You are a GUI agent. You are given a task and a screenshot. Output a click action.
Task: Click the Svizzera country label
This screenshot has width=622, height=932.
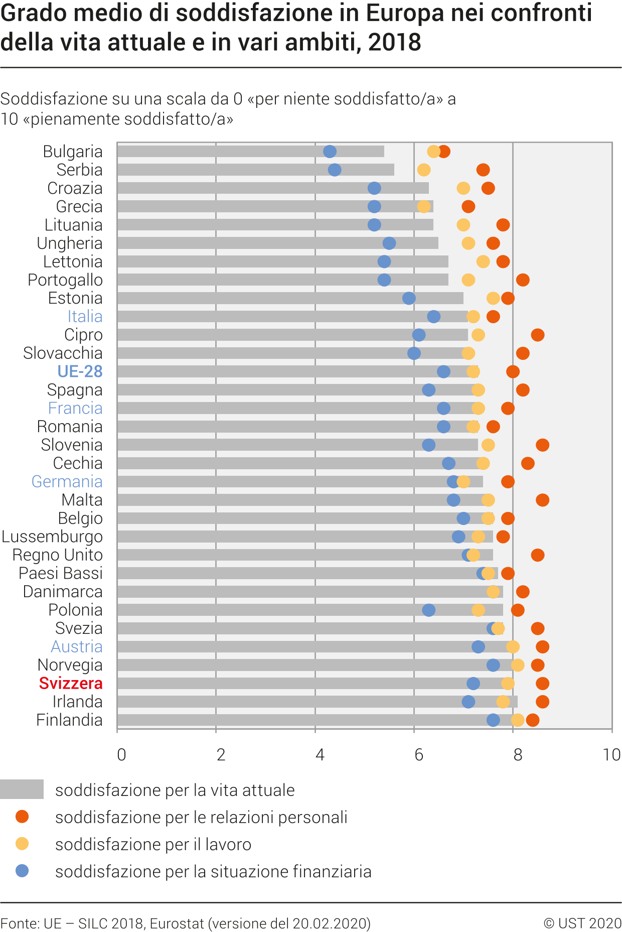(x=71, y=683)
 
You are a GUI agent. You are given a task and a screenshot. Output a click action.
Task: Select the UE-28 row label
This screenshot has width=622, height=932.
(x=80, y=371)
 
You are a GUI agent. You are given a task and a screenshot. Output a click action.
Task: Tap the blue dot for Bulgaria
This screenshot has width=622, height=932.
(x=330, y=152)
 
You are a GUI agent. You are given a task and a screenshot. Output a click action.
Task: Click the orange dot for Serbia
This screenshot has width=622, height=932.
(x=483, y=170)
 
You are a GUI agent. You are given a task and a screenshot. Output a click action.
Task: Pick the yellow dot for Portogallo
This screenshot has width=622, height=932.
(x=468, y=280)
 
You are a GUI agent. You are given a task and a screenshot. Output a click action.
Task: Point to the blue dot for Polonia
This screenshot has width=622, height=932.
(x=428, y=610)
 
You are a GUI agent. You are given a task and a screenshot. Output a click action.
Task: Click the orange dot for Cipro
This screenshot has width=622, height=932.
(x=537, y=335)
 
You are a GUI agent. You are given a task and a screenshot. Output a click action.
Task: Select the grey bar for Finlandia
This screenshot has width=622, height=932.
(x=301, y=720)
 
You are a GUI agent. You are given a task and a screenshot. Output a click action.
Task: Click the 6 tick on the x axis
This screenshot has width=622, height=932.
(x=419, y=755)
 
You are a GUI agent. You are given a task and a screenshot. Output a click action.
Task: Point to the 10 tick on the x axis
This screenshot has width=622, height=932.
(x=611, y=755)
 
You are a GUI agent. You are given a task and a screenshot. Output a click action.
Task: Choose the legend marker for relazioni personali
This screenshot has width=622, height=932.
(x=22, y=817)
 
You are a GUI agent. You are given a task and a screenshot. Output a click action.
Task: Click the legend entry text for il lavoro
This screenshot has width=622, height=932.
(x=153, y=844)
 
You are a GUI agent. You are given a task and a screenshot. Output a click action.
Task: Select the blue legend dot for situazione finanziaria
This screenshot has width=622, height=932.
(x=22, y=871)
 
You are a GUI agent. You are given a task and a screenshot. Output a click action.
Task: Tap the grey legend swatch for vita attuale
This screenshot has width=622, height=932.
(x=22, y=789)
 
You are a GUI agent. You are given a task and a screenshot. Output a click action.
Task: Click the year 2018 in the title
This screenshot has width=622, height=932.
(x=394, y=42)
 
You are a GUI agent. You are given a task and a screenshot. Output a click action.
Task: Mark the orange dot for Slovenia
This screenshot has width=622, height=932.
(x=542, y=445)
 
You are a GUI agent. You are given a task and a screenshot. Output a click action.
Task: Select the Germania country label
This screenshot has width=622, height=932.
(x=67, y=481)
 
